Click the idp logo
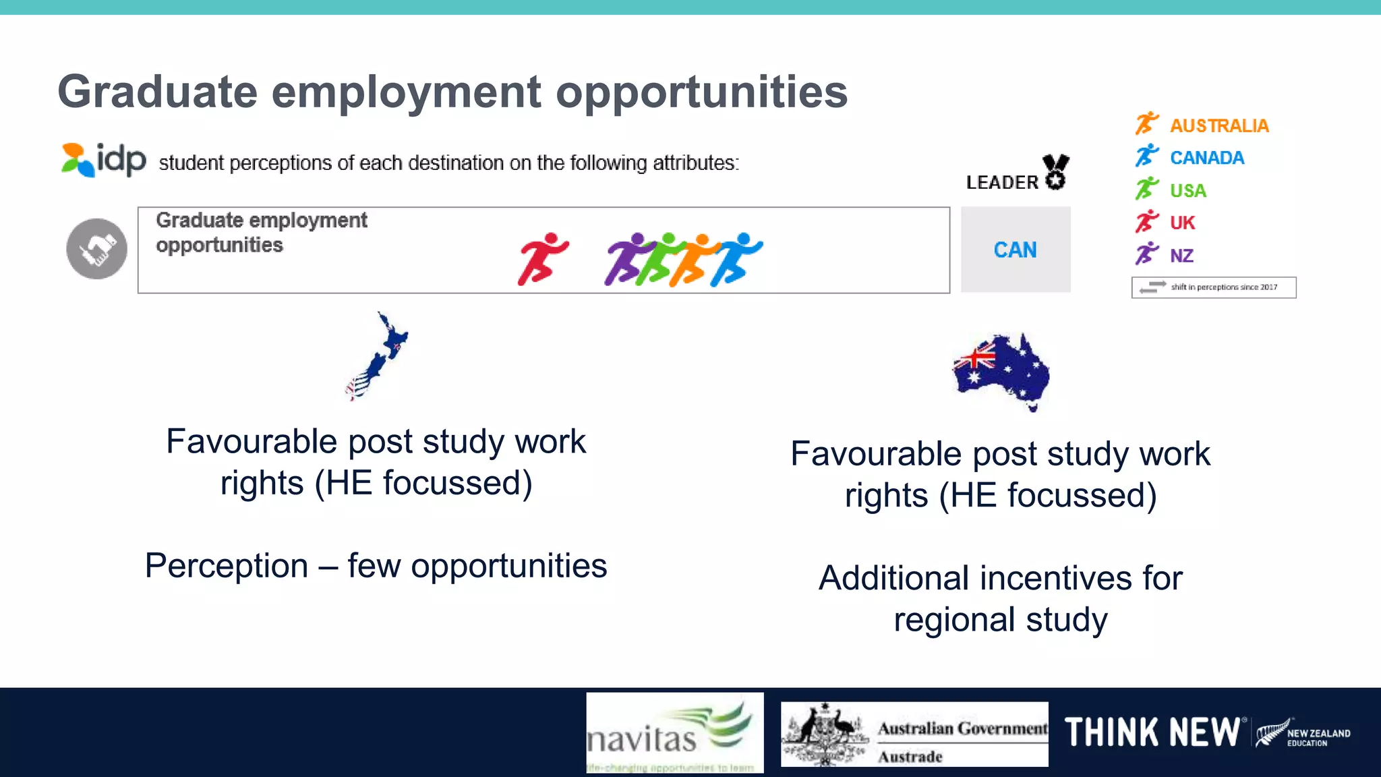[x=104, y=160]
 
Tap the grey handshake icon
[x=96, y=249]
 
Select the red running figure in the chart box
[x=543, y=258]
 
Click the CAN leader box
[x=1016, y=250]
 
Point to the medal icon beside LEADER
[x=1055, y=172]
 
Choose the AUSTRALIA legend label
[x=1219, y=126]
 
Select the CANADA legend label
[x=1207, y=158]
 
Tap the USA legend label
[x=1188, y=191]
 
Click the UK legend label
[x=1183, y=223]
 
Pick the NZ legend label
[x=1181, y=256]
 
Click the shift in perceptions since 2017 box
[x=1214, y=287]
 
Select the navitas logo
[x=674, y=732]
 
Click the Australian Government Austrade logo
[x=914, y=734]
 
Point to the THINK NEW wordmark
[x=1152, y=732]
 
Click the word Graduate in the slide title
[x=157, y=92]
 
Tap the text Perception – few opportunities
[x=376, y=565]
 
